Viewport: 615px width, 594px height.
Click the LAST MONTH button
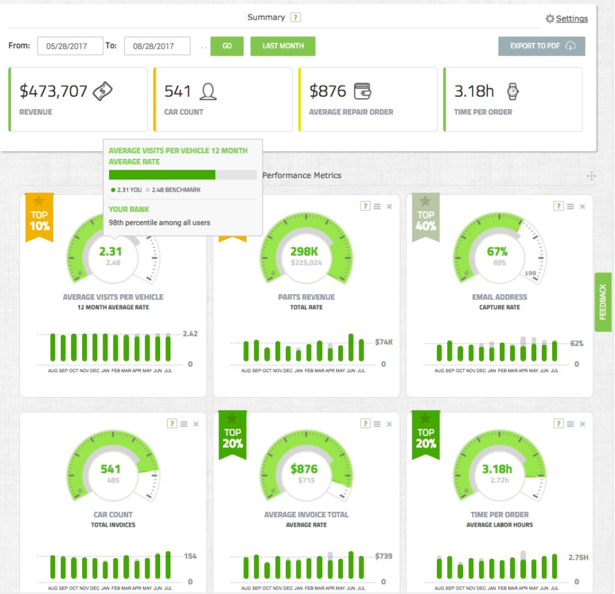click(x=283, y=46)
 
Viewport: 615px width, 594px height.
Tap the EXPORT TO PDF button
click(x=542, y=46)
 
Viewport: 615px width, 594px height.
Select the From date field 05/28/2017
click(x=70, y=46)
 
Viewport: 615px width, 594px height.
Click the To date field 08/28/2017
click(x=157, y=46)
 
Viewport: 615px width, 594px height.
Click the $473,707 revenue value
click(x=53, y=91)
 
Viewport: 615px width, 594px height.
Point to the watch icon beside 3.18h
click(x=512, y=91)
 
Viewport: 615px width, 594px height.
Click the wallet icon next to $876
click(x=363, y=91)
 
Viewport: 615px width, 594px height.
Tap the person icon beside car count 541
click(x=208, y=92)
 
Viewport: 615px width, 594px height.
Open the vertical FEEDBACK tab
click(x=603, y=302)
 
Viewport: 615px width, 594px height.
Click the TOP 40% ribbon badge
click(x=425, y=218)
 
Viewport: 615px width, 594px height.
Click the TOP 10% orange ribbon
click(x=39, y=218)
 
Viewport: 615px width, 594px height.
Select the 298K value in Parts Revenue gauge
click(x=305, y=251)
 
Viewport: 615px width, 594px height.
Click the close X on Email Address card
click(x=582, y=206)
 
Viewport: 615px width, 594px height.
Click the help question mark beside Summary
click(x=295, y=18)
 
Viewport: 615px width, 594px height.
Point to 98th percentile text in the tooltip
click(x=160, y=222)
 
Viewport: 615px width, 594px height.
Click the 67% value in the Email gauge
click(x=497, y=251)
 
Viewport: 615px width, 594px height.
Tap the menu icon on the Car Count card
click(x=184, y=424)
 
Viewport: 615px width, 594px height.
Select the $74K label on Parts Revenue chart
click(x=384, y=342)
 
